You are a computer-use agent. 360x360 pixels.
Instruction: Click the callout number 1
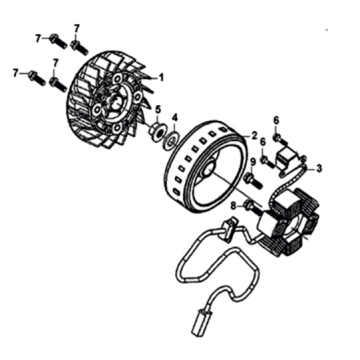161,78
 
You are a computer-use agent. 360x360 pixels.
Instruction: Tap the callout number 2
254,135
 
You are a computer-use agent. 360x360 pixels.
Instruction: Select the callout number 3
319,169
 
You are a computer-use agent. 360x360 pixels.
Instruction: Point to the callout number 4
175,117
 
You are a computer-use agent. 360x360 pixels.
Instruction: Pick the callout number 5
158,109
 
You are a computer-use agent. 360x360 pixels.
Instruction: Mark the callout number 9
252,162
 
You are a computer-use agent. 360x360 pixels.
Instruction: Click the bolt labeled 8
254,208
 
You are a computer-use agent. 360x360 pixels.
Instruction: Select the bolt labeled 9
254,180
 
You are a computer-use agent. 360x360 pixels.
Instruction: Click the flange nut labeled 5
157,131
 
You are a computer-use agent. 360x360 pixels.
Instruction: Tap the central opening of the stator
293,228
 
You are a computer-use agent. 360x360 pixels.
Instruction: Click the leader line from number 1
149,78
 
